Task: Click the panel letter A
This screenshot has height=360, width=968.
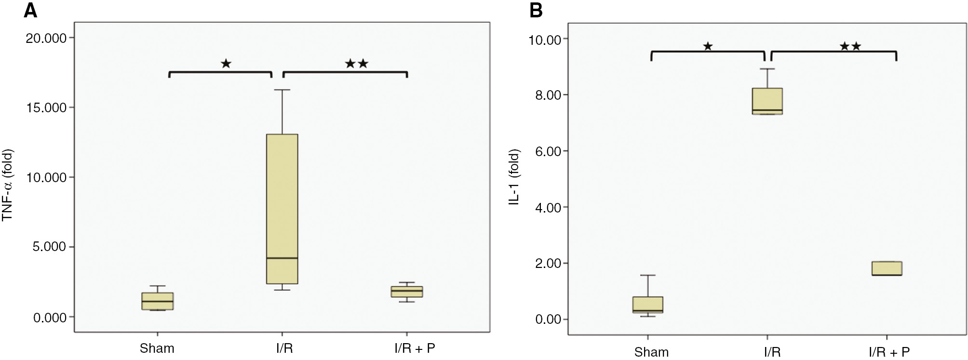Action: click(30, 10)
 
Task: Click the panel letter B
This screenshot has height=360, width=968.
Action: click(536, 10)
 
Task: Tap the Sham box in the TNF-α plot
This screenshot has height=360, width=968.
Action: click(158, 301)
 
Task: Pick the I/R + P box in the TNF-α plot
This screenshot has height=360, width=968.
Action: click(407, 292)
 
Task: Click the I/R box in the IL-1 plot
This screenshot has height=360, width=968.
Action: click(767, 101)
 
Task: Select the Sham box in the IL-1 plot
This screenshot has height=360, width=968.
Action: click(647, 305)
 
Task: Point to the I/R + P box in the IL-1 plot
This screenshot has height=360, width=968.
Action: click(887, 268)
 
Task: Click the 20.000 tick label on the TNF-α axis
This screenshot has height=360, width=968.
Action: click(46, 38)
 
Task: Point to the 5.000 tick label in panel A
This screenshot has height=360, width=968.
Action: click(49, 247)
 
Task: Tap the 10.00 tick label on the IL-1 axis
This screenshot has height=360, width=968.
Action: click(545, 40)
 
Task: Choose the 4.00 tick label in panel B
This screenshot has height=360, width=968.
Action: click(548, 207)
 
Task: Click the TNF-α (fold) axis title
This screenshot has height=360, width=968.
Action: click(8, 185)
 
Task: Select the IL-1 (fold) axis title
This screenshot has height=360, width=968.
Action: click(514, 177)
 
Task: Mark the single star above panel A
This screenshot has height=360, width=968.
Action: click(226, 63)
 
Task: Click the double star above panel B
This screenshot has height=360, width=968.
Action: click(850, 46)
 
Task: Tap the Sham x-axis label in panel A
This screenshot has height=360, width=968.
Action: click(157, 348)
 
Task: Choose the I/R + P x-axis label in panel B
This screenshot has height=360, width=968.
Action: click(889, 352)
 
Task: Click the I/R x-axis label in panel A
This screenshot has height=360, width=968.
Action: click(284, 348)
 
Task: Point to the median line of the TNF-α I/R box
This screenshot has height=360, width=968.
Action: click(282, 258)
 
